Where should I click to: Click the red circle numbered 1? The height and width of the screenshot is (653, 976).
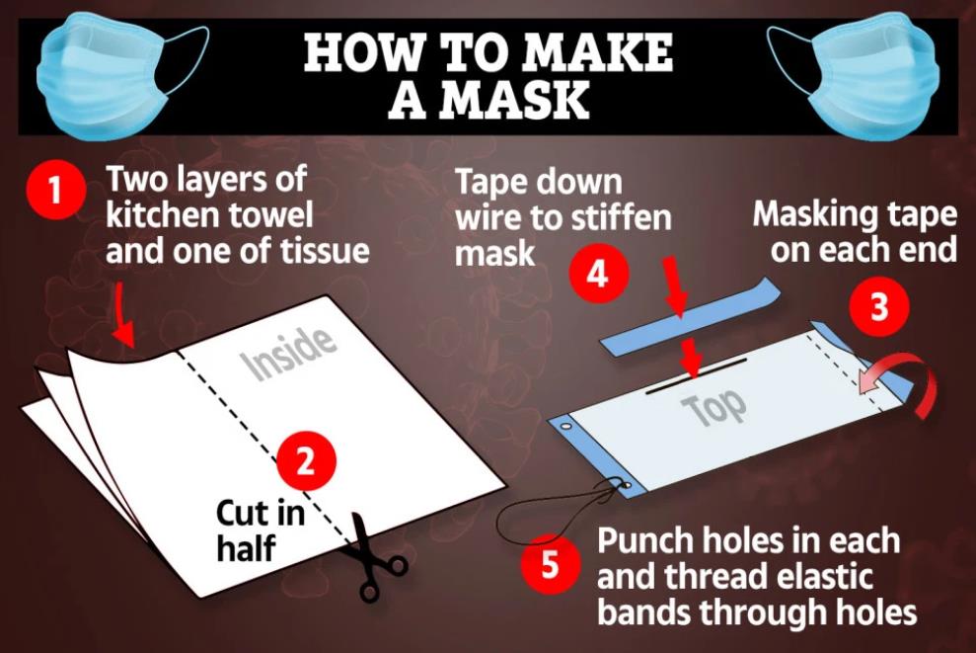(56, 189)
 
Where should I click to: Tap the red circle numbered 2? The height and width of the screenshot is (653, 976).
(306, 461)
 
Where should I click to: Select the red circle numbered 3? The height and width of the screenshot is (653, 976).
(879, 306)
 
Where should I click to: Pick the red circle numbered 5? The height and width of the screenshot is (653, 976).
(551, 564)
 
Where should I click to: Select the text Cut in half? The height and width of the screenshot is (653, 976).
(261, 531)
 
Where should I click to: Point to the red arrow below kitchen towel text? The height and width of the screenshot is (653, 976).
(124, 314)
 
